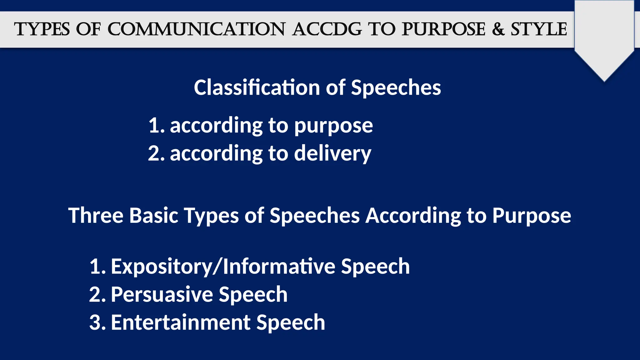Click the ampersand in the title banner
click(498, 29)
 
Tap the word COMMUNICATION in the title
click(196, 29)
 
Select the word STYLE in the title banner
click(539, 29)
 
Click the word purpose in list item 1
click(333, 126)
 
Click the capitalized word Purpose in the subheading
click(532, 216)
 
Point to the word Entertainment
click(181, 322)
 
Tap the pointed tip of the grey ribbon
click(604, 81)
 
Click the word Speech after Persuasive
click(253, 295)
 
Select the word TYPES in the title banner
click(42, 29)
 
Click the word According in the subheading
click(413, 216)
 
